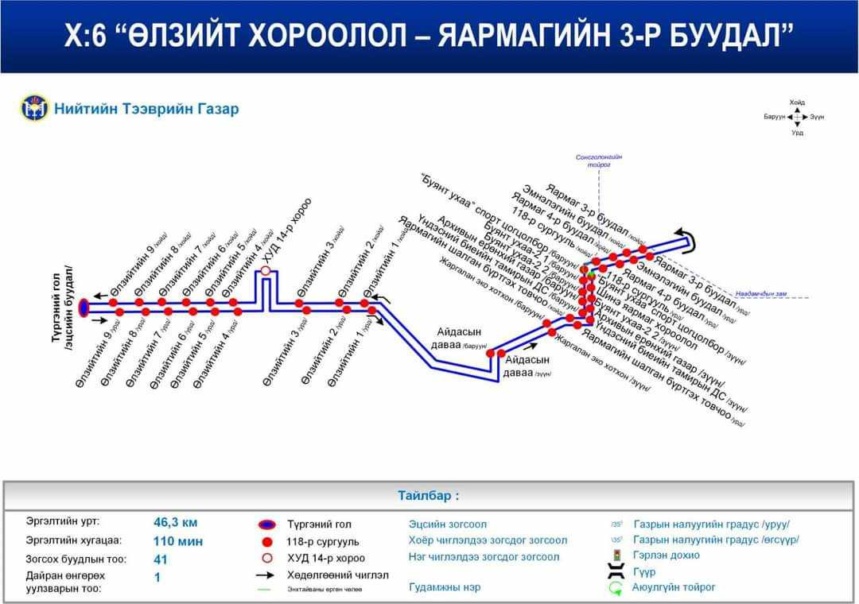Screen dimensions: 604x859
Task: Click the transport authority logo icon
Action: [x=33, y=108]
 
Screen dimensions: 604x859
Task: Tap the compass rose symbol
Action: [x=798, y=117]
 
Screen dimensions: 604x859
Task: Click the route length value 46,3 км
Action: [x=175, y=522]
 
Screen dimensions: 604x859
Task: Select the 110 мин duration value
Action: [x=178, y=541]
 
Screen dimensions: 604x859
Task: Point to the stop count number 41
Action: [x=161, y=559]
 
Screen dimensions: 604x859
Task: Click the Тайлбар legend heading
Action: [x=429, y=496]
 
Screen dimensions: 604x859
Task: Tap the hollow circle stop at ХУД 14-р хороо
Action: [x=266, y=272]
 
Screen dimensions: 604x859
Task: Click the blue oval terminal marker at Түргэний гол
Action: [x=85, y=308]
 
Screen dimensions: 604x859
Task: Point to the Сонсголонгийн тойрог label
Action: [x=599, y=161]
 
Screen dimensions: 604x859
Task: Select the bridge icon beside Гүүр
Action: [x=616, y=571]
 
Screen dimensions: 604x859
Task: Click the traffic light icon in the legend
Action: [x=616, y=555]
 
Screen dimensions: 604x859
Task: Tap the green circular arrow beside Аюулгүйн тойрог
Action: [x=616, y=587]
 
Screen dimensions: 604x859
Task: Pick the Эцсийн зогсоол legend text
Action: [x=447, y=525]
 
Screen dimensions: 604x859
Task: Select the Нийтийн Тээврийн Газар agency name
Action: [x=146, y=109]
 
